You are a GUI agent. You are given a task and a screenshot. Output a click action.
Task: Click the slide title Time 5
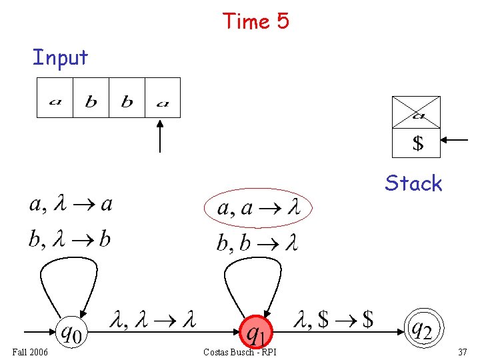tap(256, 21)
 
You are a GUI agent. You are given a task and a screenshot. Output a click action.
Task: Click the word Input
tap(60, 58)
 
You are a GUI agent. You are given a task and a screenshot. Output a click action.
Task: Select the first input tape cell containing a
tap(55, 98)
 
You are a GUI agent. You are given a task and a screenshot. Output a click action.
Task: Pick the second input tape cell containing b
tap(91, 98)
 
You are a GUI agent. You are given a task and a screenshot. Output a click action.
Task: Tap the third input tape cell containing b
tap(127, 98)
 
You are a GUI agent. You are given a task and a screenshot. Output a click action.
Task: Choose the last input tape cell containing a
tap(163, 98)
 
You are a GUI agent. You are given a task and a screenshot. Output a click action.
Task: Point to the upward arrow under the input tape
tap(160, 136)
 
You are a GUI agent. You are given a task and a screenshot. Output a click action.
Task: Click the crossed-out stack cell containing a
tap(416, 112)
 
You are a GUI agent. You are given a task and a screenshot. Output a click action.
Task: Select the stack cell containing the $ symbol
tap(416, 143)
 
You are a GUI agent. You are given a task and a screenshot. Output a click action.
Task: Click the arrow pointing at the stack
tap(457, 140)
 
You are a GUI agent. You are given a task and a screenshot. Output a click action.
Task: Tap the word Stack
tap(413, 183)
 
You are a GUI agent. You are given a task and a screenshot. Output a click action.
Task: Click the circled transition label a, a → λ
tap(257, 209)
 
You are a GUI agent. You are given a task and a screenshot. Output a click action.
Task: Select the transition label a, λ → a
tap(71, 204)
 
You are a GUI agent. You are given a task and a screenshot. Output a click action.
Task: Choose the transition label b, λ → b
tap(69, 239)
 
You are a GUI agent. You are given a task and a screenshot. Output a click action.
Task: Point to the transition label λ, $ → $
tap(333, 321)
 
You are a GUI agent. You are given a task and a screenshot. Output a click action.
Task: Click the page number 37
tap(463, 352)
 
